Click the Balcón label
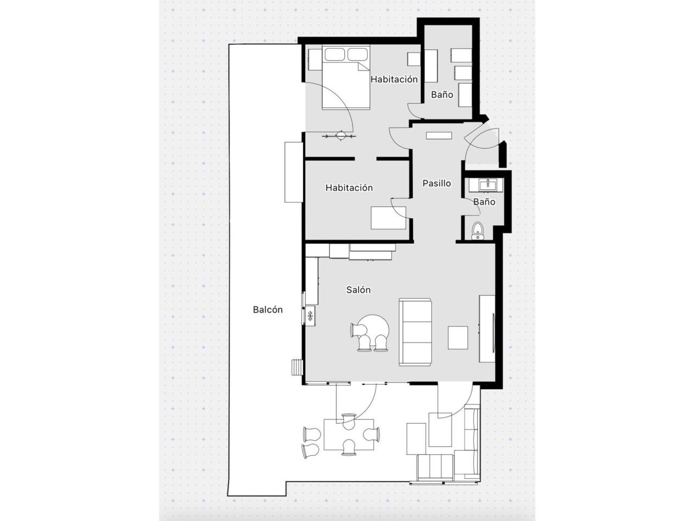268,310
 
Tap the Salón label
358,290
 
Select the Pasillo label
437,183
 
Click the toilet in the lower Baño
477,231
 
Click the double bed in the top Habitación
346,77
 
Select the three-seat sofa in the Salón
415,332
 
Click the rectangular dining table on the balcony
349,434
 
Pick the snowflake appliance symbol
89,315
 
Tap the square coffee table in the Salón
458,338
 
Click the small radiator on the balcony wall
297,367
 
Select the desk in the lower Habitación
388,218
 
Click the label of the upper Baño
442,94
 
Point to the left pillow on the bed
334,54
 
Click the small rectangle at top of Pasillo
439,135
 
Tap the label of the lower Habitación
349,188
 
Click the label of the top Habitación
394,79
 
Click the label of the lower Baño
484,201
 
